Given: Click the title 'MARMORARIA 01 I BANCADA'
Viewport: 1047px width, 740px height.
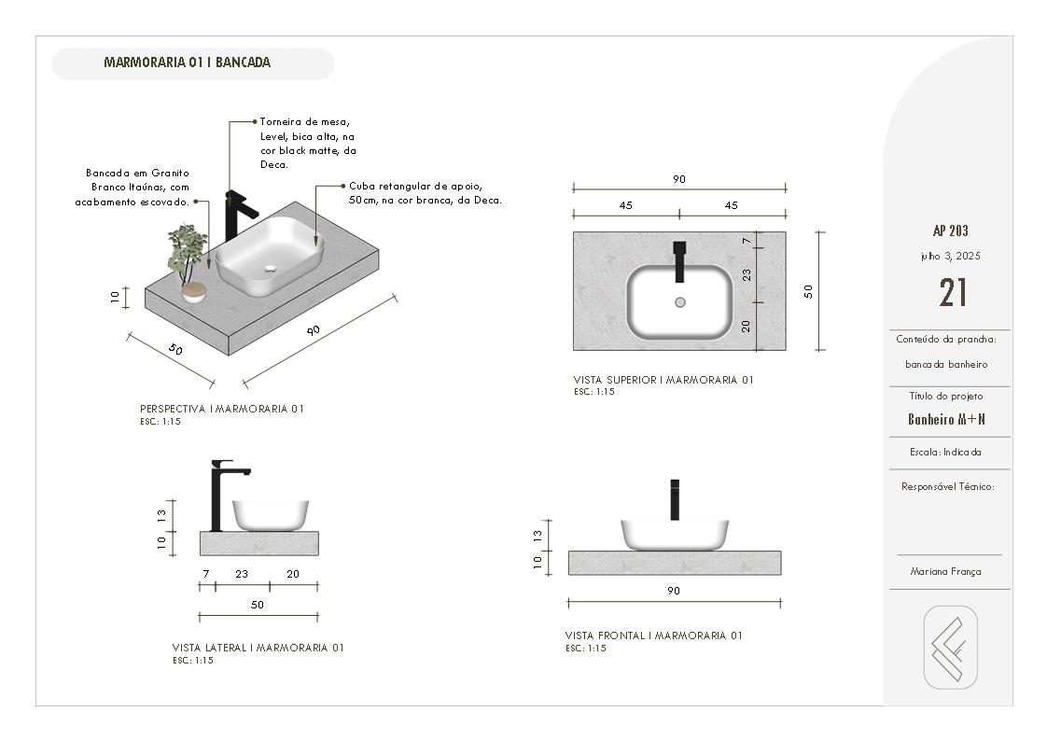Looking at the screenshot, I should coord(187,63).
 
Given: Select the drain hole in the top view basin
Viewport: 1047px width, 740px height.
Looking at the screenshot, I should coord(679,302).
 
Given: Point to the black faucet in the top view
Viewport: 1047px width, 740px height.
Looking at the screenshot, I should coord(679,260).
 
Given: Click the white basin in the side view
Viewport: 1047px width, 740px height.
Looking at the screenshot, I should coord(270,515).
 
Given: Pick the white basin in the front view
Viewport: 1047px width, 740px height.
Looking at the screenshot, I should coord(674,534).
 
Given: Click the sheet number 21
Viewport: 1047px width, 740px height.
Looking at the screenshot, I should coord(952,293).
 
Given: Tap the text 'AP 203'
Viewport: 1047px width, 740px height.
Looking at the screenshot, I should coord(950,231).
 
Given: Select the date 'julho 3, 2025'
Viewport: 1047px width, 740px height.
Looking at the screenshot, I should coord(950,256).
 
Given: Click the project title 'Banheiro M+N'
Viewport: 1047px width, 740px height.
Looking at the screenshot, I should coord(946,420).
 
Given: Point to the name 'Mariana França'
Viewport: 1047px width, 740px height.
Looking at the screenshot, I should coord(945,572).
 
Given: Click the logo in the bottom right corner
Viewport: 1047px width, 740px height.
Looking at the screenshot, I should coord(950,648).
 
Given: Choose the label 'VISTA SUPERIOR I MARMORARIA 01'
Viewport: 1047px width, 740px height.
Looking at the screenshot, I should coord(663,380).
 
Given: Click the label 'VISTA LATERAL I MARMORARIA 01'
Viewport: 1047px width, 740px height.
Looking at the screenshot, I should coord(258,648).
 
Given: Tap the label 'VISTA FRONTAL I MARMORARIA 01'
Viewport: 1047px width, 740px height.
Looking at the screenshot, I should coord(653,635).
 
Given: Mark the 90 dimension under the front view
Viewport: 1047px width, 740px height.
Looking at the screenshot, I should coord(674,591).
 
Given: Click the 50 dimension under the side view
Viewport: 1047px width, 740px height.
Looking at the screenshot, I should coord(258,605).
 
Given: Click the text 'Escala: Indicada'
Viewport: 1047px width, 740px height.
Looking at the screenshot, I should coord(945,452).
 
